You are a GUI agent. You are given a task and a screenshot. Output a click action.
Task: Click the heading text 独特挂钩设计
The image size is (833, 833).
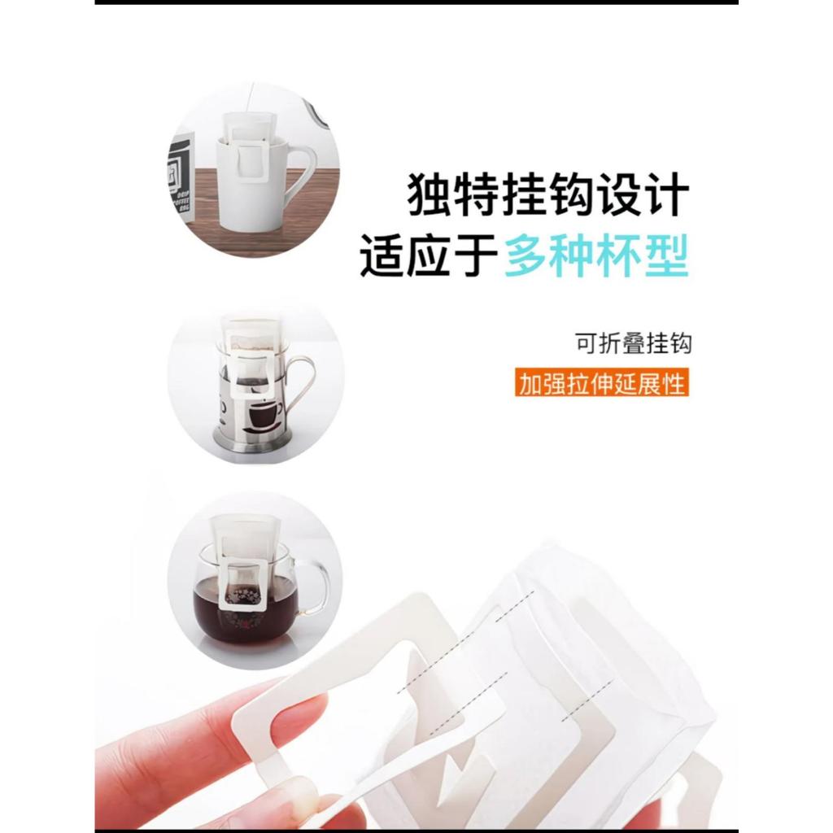[548, 194]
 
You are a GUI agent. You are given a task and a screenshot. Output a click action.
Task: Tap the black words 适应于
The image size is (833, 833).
[429, 255]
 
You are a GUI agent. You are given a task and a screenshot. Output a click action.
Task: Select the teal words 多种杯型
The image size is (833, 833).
[596, 255]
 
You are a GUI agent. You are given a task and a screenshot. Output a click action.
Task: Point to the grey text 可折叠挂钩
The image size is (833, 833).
[633, 343]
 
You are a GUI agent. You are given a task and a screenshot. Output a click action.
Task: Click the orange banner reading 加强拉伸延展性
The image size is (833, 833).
[601, 382]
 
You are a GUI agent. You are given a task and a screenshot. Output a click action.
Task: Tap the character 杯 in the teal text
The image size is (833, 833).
[620, 255]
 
